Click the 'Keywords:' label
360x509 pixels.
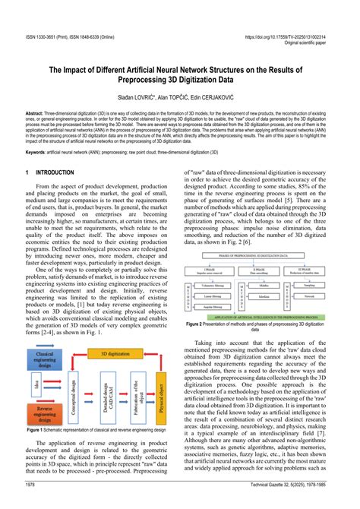(x=41, y=152)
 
